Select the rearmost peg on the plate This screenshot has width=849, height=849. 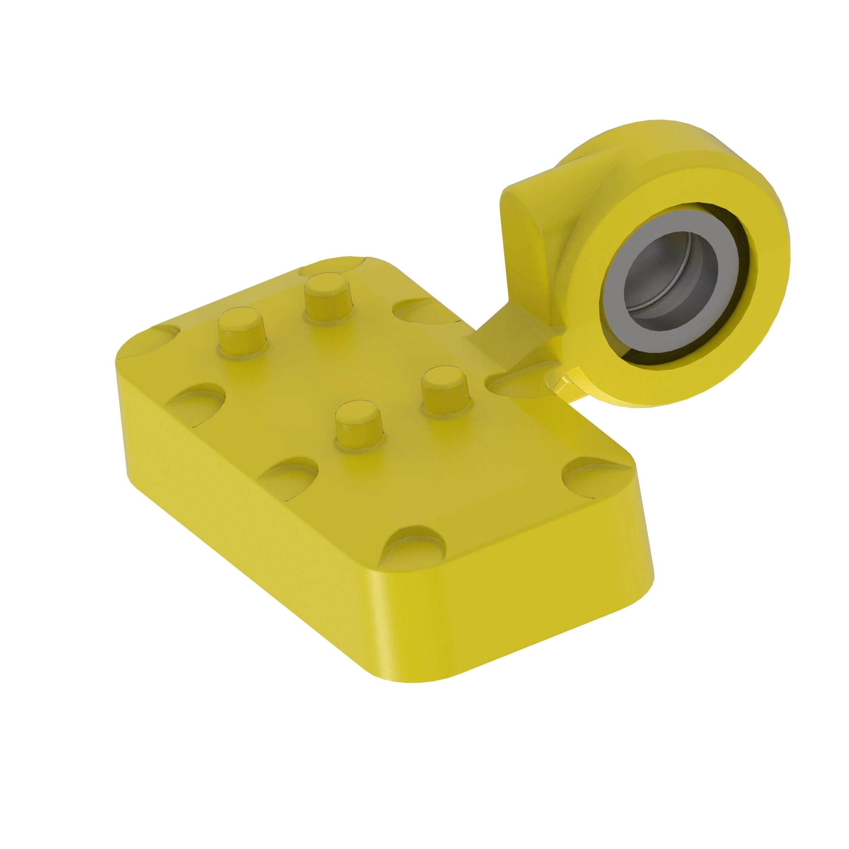(x=324, y=297)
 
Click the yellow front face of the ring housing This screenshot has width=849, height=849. (x=738, y=334)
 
